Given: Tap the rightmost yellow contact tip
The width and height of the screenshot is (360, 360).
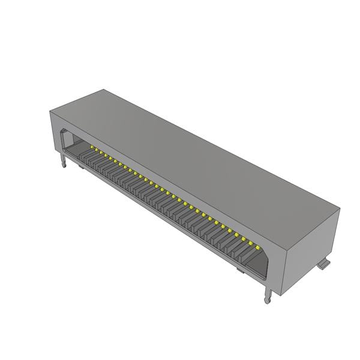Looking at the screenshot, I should [256, 247].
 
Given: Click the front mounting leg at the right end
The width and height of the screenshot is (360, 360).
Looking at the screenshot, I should [268, 295].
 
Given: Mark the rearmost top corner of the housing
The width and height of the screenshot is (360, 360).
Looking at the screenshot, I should [104, 90].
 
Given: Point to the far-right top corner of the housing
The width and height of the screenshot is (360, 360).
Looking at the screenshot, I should [340, 209].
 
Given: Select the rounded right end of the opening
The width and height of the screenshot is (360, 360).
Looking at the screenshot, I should [265, 264].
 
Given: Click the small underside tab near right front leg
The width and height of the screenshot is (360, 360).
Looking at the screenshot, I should [240, 272].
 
